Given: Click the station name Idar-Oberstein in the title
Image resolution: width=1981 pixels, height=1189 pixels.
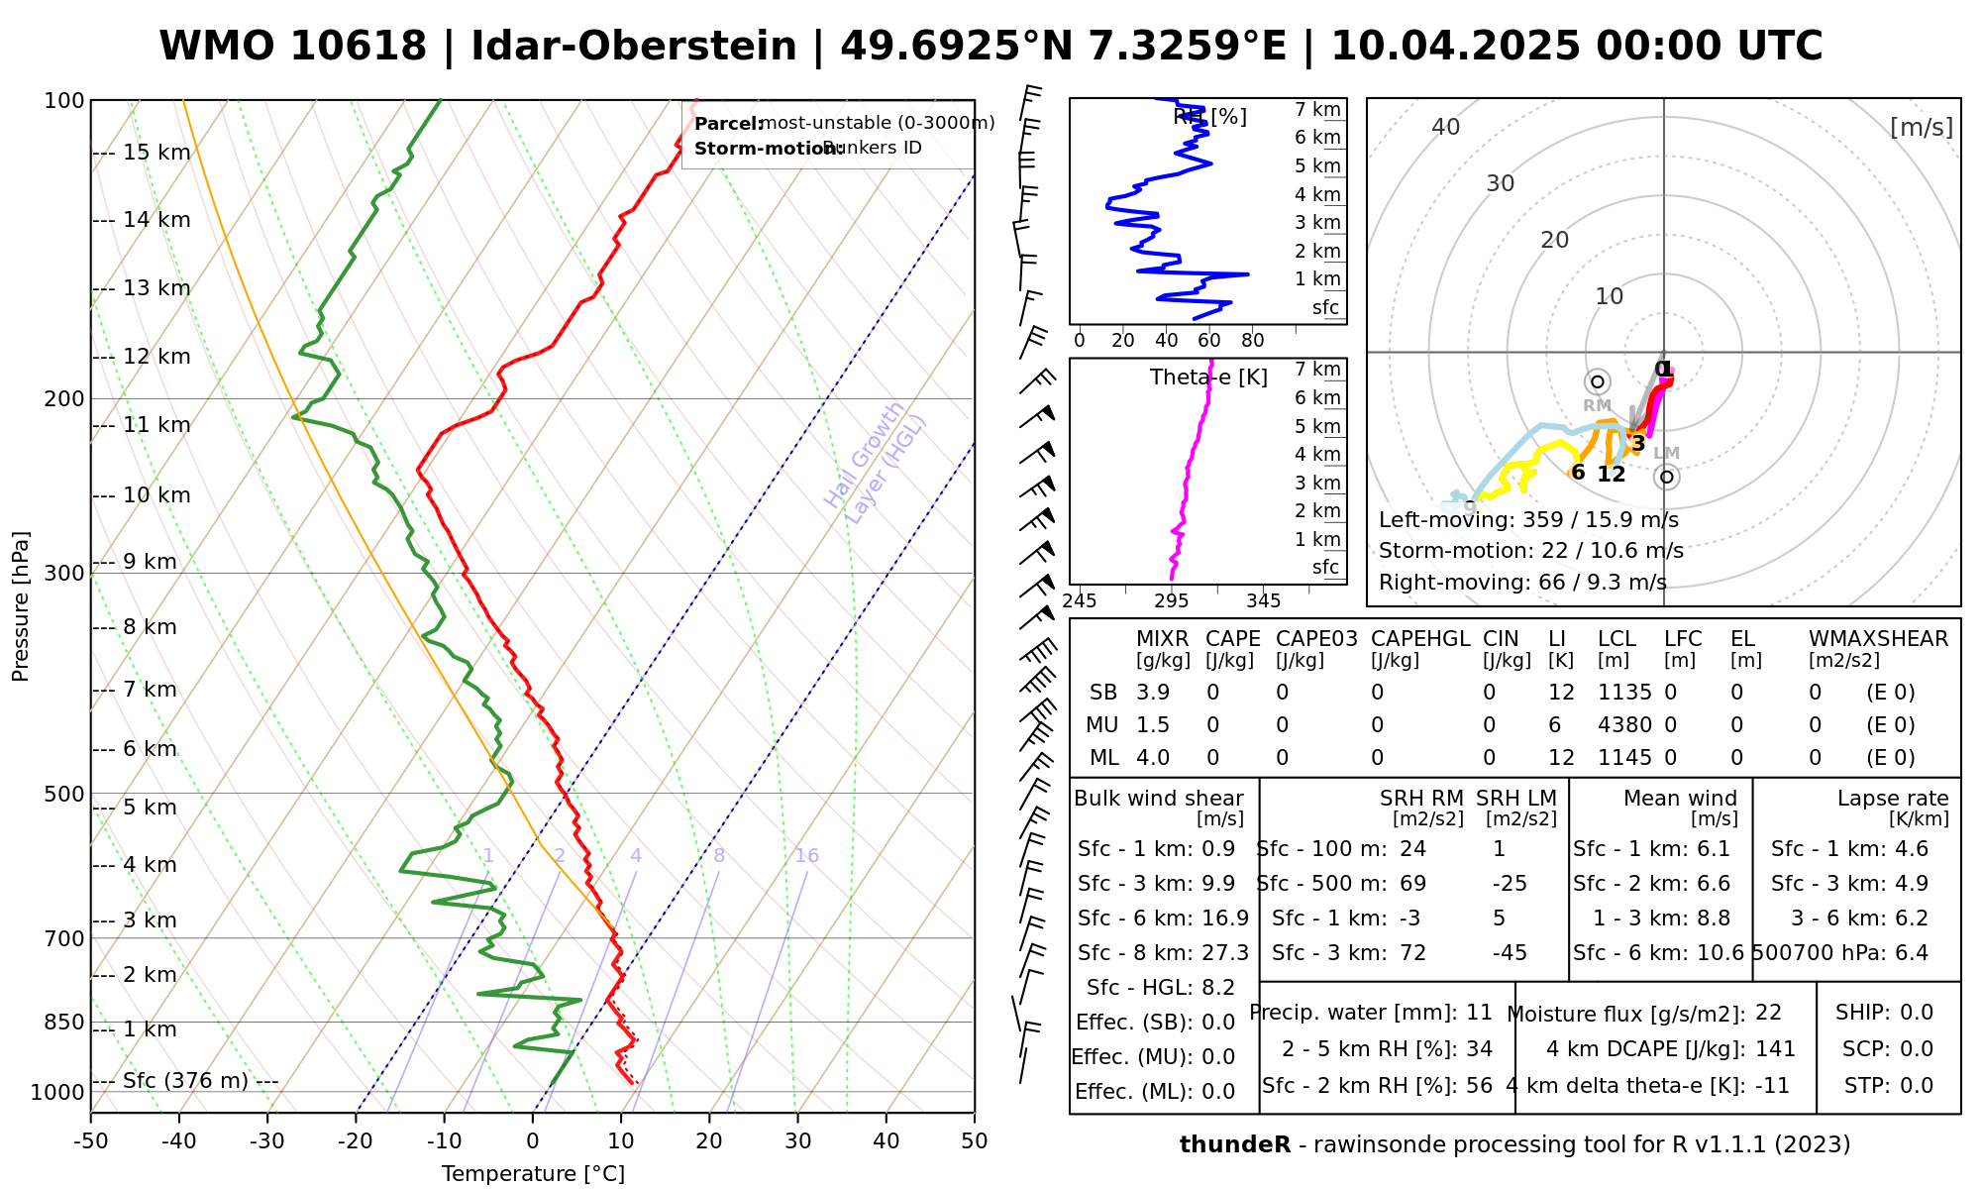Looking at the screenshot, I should coord(634,47).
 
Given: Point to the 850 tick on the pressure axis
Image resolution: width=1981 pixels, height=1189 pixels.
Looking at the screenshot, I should coord(65,1022).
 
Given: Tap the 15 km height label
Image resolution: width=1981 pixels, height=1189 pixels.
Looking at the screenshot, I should coord(156,153).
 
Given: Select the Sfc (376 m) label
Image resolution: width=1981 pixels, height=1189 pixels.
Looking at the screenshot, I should coord(185,1080).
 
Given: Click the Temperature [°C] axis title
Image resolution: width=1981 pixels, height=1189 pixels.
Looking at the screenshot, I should coord(533,1174).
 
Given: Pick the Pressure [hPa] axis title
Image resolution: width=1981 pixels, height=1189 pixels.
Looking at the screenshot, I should coord(21,606).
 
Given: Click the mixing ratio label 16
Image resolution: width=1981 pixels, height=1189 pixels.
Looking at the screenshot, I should coord(806,856).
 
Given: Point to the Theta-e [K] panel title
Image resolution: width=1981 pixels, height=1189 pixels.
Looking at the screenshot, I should coord(1208,378).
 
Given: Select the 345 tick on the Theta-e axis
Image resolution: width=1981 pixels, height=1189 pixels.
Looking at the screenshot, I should coord(1263,601).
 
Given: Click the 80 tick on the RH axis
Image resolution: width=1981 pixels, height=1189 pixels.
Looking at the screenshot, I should coord(1253,341).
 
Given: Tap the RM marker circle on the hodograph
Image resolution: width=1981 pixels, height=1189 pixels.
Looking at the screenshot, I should coord(1597,381).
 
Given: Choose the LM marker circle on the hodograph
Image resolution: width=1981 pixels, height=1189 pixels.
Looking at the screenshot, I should coord(1667,477).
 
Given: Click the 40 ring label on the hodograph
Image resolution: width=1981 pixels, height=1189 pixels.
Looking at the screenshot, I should coord(1446,127).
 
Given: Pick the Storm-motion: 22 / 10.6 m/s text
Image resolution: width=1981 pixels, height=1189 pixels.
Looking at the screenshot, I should coord(1530,551).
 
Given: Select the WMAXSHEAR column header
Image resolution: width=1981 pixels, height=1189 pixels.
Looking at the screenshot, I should coord(1878,639).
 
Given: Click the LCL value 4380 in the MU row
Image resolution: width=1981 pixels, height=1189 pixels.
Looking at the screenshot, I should coord(1624,725).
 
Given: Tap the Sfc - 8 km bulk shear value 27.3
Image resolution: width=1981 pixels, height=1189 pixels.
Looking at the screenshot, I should coord(1225,953).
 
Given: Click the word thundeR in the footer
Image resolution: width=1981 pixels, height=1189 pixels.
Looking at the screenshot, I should coord(1234,1145).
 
